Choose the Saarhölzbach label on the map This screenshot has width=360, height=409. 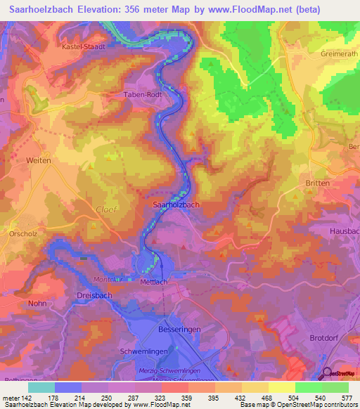(x=176, y=204)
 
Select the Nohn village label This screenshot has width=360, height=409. (x=38, y=304)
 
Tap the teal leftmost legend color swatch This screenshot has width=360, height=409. (x=41, y=387)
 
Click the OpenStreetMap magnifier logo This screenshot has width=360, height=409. (x=326, y=374)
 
